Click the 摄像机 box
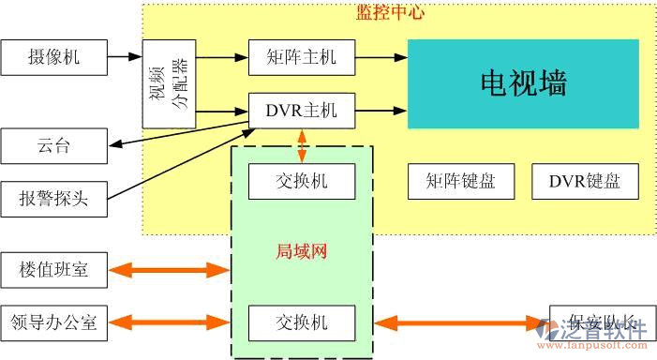[x=54, y=58]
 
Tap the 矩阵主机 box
[x=301, y=58]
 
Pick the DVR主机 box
[x=301, y=111]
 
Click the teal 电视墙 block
[x=523, y=83]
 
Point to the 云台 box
[x=54, y=145]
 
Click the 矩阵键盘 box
[x=461, y=181]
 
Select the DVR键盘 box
[x=584, y=181]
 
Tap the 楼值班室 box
[x=54, y=270]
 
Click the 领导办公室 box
[x=54, y=322]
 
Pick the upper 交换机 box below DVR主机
[x=302, y=181]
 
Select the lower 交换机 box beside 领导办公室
[x=302, y=322]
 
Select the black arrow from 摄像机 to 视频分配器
[x=125, y=58]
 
